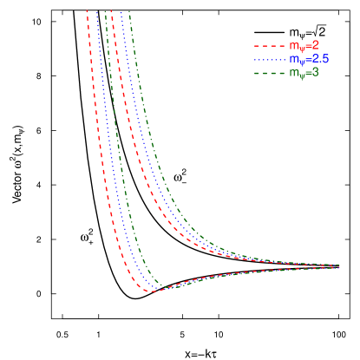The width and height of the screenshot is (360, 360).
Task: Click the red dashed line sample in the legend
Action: click(269, 45)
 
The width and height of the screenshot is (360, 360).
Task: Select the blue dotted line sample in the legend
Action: click(269, 59)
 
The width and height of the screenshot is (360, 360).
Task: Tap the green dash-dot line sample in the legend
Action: click(269, 73)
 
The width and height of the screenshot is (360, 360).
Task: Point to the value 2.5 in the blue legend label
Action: click(321, 59)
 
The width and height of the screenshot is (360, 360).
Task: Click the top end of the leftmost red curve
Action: click(88, 11)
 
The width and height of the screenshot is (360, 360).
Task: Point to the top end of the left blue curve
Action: click(96, 11)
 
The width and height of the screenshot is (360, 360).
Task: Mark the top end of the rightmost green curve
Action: click(129, 11)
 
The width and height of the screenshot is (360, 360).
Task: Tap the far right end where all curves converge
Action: click(338, 266)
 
